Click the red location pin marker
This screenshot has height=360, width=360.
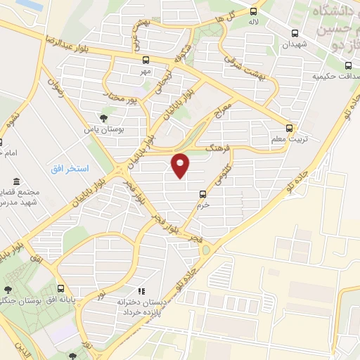coord(181,165)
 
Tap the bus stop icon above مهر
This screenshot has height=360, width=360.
coord(146,60)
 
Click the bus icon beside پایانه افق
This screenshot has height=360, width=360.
coord(61,288)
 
